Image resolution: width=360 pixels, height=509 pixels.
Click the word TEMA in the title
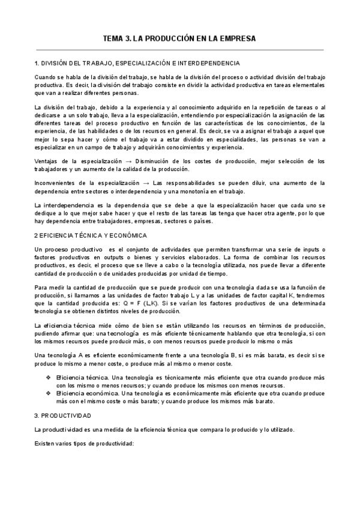coord(114,38)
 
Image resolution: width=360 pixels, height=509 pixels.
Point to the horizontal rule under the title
coord(179,50)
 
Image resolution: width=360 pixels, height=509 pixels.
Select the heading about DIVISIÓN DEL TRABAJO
coord(137,63)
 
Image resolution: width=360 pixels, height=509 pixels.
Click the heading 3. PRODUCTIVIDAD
coord(63,415)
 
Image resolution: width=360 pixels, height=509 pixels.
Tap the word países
coord(202,221)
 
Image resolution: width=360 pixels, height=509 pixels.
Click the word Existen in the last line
coord(46,444)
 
